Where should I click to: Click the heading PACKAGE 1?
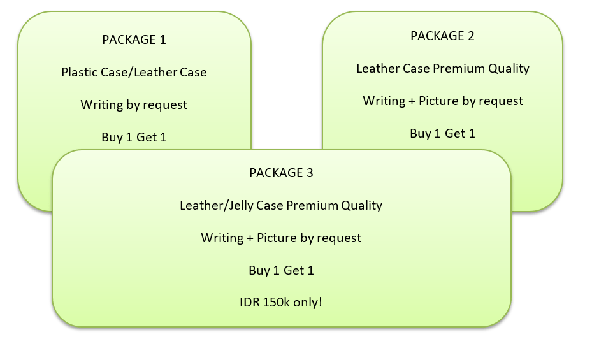[134, 40]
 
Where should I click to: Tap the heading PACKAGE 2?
[442, 36]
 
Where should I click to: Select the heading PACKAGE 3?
[281, 173]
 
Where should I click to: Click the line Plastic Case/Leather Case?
[134, 72]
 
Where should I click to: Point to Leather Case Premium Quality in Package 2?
[442, 68]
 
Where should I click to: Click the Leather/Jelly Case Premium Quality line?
[281, 205]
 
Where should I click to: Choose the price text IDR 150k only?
[281, 302]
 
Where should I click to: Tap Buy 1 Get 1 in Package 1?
[134, 137]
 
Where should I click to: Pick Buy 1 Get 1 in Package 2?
[442, 133]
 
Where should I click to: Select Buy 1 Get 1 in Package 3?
[281, 270]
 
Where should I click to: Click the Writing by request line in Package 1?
[134, 104]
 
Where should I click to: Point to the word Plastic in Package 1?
[80, 72]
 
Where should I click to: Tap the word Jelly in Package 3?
[235, 205]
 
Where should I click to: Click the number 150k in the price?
[277, 302]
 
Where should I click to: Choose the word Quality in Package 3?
[361, 205]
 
